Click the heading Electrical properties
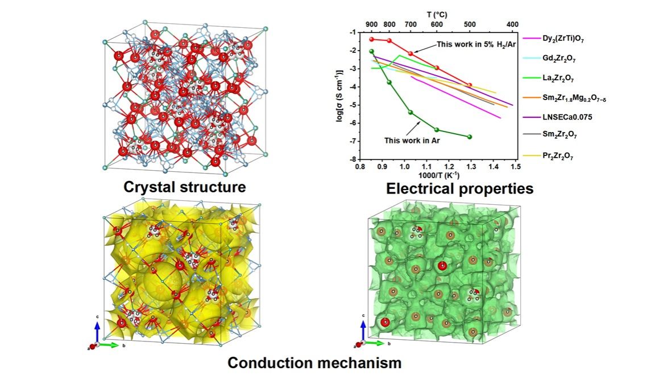coord(459,188)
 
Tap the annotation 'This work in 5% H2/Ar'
coord(476,44)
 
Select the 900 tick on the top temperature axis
coord(371,24)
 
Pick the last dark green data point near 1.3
coord(470,137)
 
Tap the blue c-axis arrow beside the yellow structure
coord(97,331)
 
